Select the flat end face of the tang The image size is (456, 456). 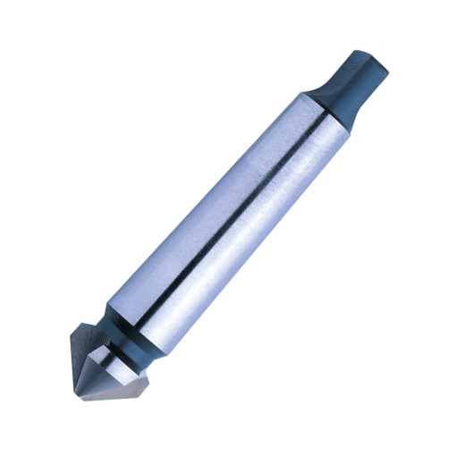pos(367,56)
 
